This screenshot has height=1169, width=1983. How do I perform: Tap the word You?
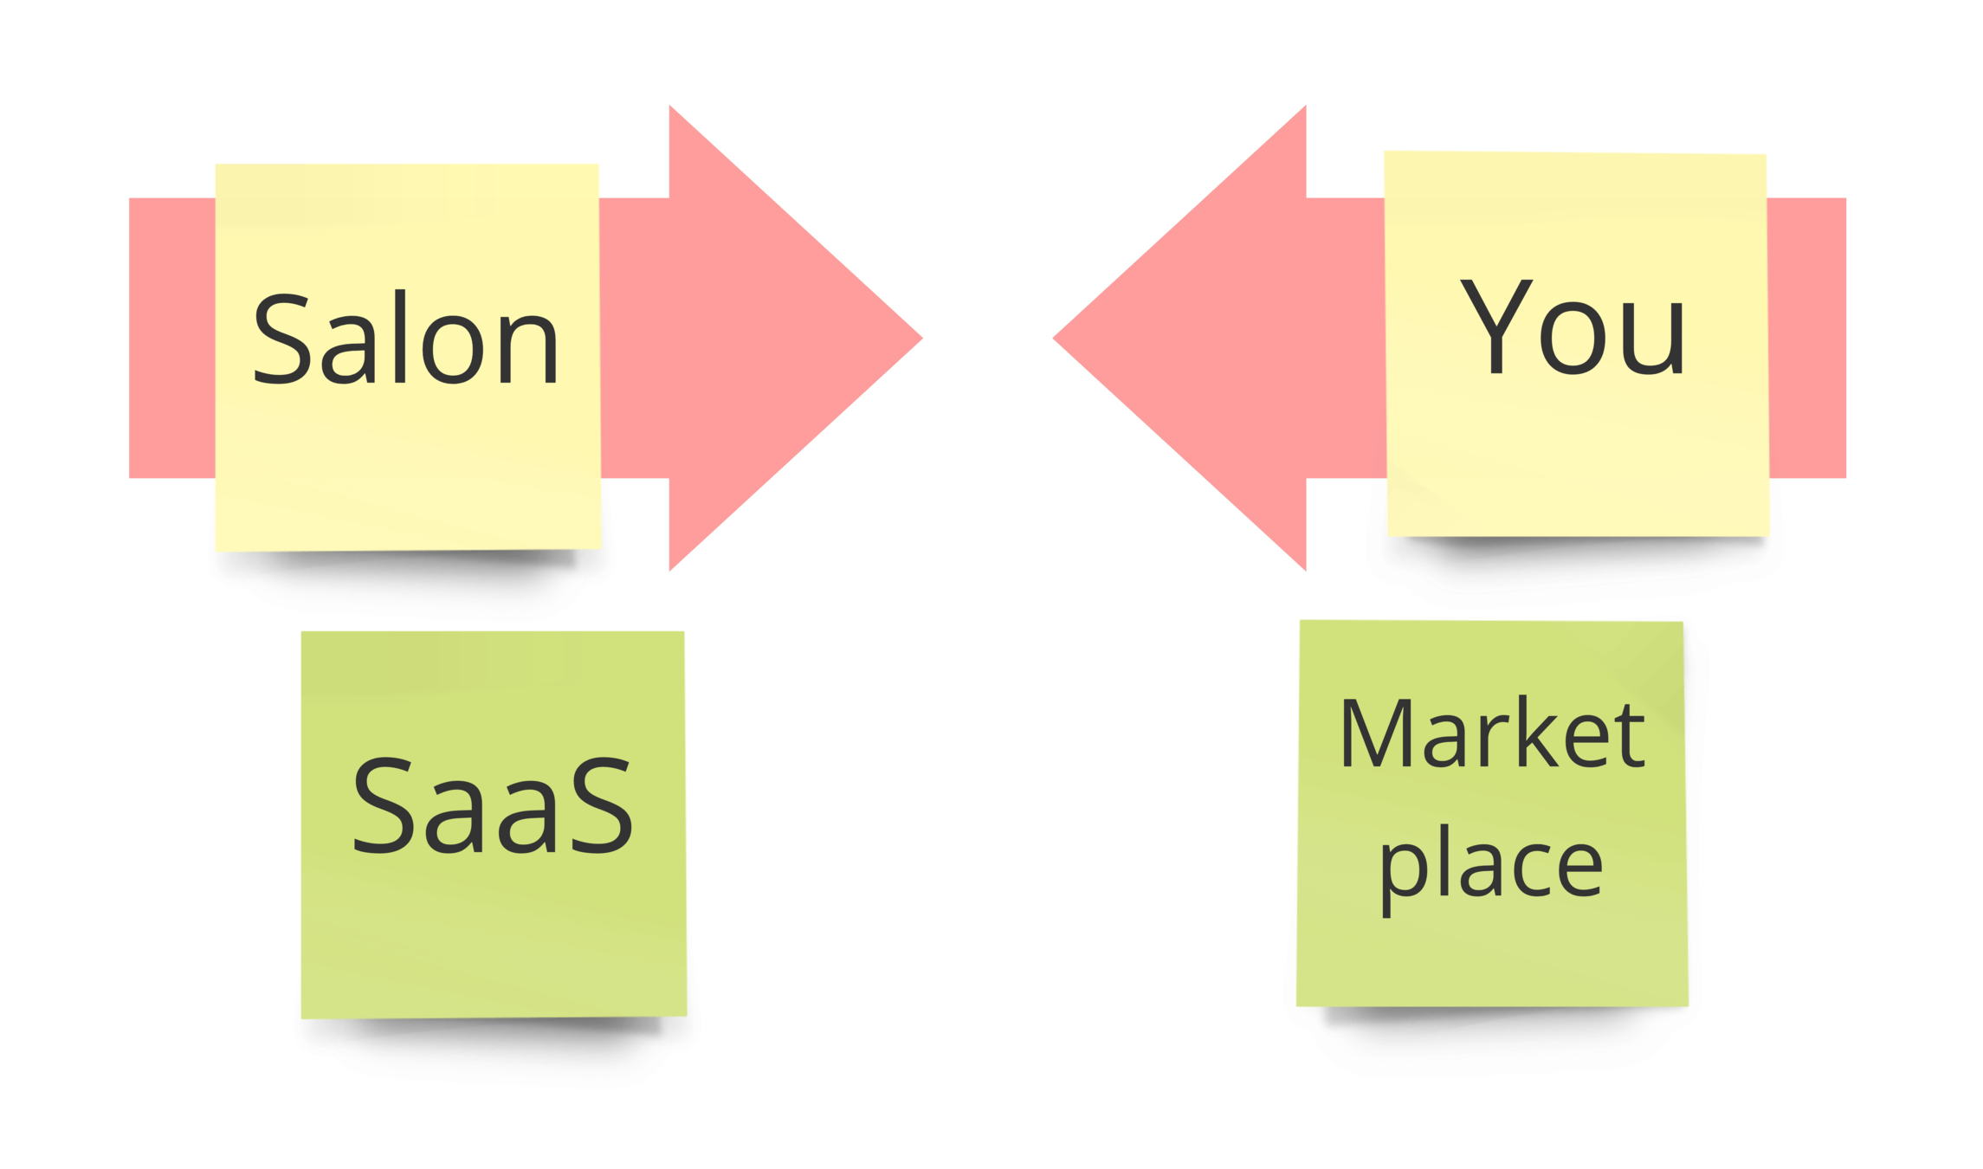(x=1572, y=327)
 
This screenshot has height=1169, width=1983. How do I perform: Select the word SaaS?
(x=492, y=805)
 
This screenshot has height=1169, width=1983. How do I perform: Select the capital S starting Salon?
(x=281, y=339)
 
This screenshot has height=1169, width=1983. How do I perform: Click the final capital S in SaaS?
(x=601, y=805)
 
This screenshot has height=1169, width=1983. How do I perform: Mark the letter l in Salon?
(x=400, y=336)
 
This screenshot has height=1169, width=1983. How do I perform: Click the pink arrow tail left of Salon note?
(x=171, y=338)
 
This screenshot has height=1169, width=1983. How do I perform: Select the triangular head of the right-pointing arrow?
(x=762, y=338)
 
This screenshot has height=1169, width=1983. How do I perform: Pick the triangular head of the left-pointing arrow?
(x=1212, y=338)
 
